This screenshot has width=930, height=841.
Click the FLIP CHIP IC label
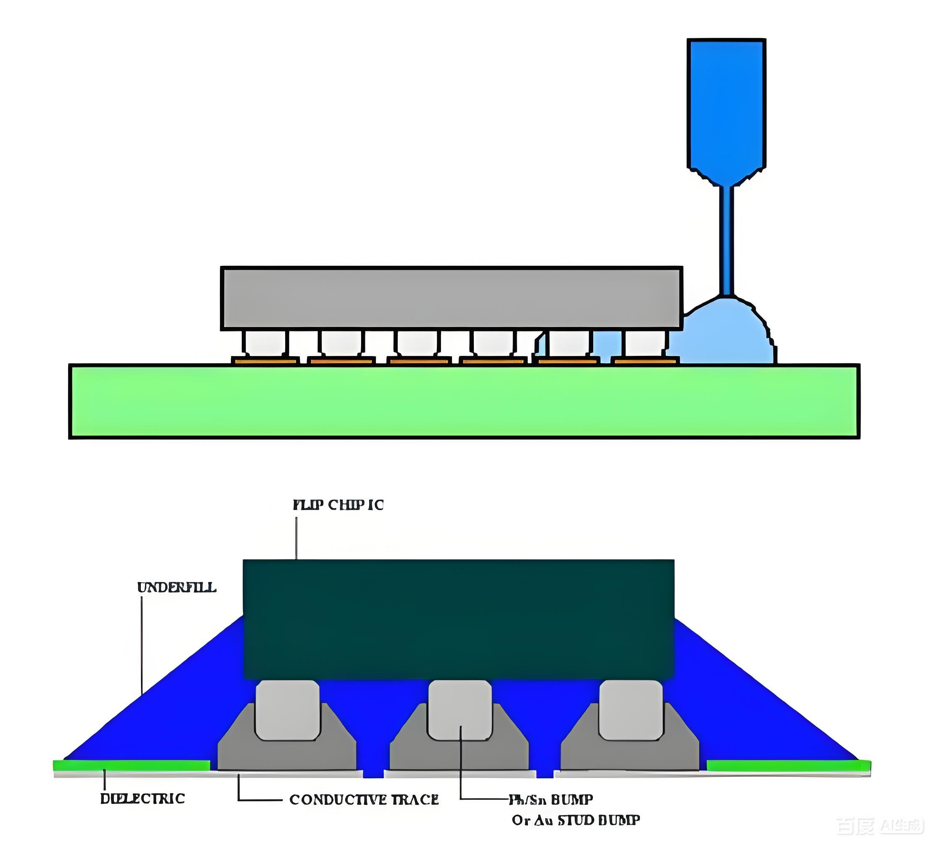(338, 505)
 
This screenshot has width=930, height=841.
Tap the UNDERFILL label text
(177, 587)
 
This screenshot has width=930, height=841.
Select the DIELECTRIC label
(143, 799)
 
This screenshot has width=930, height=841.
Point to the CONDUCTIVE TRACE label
(364, 799)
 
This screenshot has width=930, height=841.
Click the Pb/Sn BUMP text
(551, 799)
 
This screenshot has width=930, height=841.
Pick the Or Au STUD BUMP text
(576, 820)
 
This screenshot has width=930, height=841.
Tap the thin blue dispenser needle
(727, 240)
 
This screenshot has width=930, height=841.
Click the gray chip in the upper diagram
(451, 298)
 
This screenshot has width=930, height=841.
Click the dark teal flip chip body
(459, 619)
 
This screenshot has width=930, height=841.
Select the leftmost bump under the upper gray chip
(265, 343)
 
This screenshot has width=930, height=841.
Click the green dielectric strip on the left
(132, 765)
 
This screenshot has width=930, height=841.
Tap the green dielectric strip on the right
(788, 766)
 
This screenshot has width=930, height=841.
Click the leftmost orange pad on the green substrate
(265, 361)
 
